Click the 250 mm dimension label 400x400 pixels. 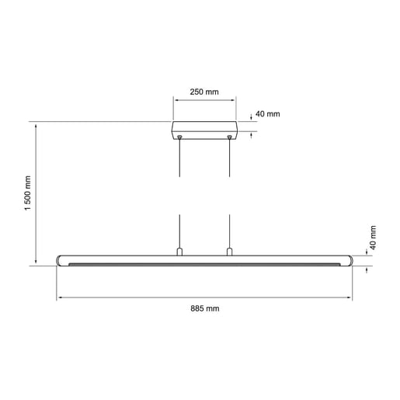coord(204,92)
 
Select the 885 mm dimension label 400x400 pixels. coord(205,308)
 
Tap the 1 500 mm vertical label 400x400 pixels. coord(27,196)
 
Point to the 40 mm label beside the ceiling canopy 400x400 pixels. coord(267,114)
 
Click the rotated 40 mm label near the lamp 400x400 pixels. coord(373,236)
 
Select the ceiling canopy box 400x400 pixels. coord(204,130)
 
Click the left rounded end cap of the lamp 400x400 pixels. coord(61,260)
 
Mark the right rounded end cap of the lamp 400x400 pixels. coord(347,260)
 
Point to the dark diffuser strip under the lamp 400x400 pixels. coord(204,265)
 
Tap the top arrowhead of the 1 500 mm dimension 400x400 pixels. coord(37,124)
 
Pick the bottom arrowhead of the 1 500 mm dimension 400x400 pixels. coord(37,263)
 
